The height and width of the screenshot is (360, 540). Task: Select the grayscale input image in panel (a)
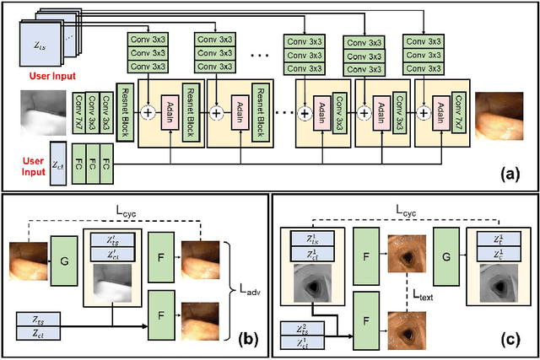click(x=42, y=111)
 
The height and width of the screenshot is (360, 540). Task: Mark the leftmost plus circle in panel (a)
click(x=149, y=111)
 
